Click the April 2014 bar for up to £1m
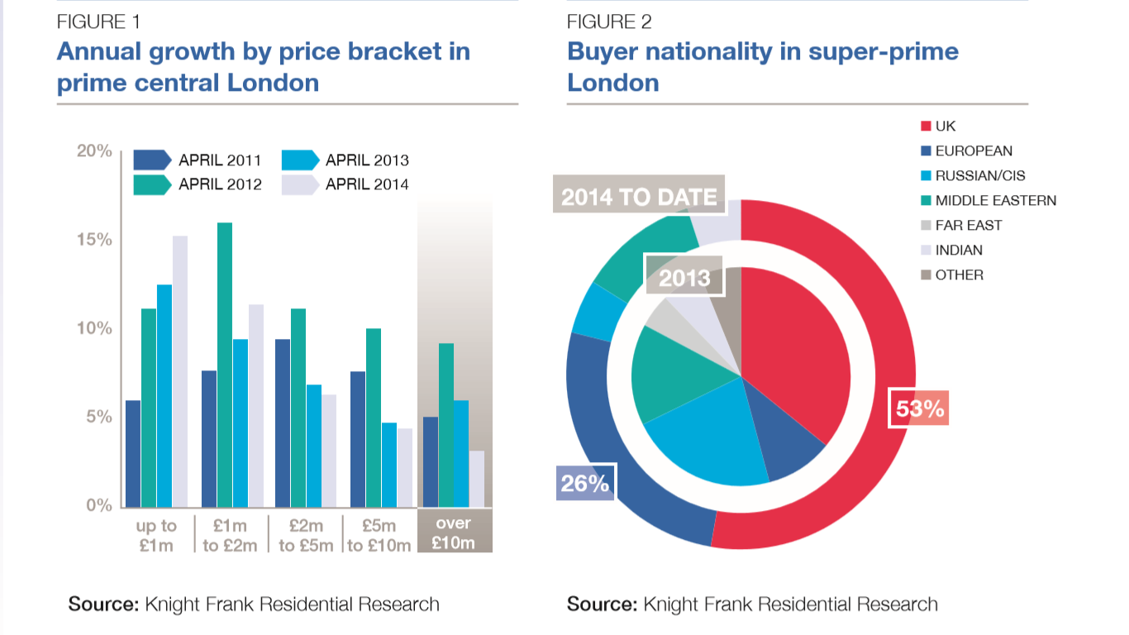179,371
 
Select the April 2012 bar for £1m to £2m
225,365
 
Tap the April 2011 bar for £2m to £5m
283,423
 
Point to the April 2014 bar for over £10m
477,479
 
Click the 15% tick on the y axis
94,240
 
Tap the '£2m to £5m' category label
306,535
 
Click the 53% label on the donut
919,408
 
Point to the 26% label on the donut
585,483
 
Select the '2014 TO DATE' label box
638,198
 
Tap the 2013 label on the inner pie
684,276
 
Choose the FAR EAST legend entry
969,225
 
